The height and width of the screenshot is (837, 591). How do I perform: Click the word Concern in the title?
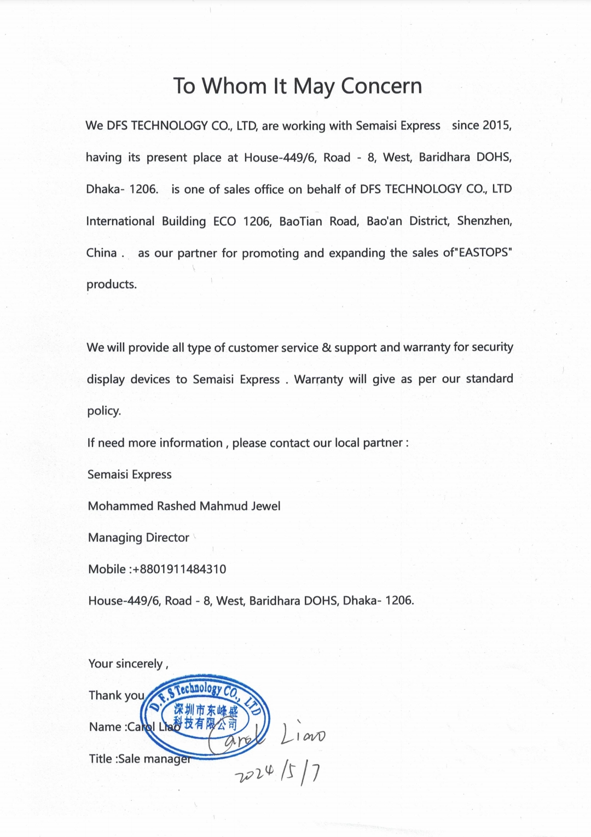[381, 86]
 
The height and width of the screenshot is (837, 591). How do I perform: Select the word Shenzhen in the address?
[484, 221]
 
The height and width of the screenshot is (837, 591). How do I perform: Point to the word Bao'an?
[384, 221]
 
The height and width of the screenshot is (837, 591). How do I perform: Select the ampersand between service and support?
[327, 347]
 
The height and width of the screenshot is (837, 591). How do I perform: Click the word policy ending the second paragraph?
[103, 411]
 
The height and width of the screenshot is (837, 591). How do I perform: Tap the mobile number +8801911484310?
[179, 569]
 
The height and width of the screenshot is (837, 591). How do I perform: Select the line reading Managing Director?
[138, 538]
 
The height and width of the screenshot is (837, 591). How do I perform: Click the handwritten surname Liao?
[303, 735]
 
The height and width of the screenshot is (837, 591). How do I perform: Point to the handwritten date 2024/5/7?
[278, 772]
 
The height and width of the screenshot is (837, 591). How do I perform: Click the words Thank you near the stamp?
[116, 695]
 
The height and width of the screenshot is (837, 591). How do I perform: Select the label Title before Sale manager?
[100, 759]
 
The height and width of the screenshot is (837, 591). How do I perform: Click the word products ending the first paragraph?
[112, 284]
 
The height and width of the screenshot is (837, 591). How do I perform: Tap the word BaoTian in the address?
[300, 221]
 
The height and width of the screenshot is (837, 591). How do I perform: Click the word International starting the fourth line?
[120, 221]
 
